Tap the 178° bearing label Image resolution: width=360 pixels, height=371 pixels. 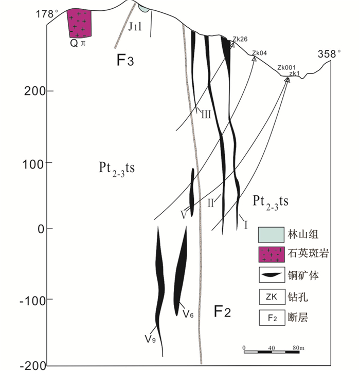point(45,14)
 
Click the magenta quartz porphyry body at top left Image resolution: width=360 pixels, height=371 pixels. point(80,23)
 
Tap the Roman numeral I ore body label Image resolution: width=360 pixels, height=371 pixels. point(245,224)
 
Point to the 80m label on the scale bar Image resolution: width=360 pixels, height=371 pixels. point(299,347)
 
